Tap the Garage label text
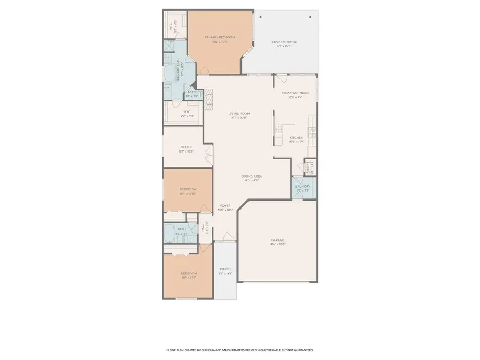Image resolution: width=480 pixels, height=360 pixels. click(277, 240)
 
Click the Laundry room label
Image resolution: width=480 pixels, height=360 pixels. click(303, 187)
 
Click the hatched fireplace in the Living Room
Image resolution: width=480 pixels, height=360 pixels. click(209, 97)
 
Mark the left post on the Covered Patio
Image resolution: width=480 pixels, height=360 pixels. click(260, 17)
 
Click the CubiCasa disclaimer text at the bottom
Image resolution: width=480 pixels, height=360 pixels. click(240, 350)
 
